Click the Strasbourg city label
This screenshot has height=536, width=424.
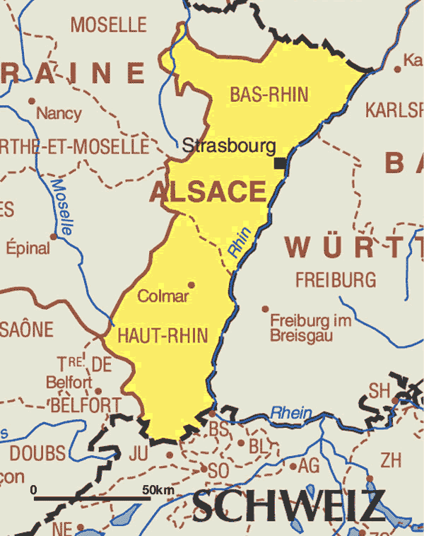[228, 146]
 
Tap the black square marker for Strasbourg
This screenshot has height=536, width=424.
[281, 164]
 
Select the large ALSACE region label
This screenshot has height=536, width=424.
[208, 192]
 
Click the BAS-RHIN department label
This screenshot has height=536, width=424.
[269, 95]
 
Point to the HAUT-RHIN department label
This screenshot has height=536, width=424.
[163, 335]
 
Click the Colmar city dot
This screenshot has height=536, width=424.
[191, 285]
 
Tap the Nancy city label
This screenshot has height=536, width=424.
[59, 113]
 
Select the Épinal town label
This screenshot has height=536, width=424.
[28, 248]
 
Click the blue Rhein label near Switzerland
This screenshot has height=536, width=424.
[291, 412]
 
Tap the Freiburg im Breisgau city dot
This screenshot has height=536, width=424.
[265, 309]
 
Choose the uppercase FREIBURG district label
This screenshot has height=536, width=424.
[336, 280]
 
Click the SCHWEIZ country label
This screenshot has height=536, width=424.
[289, 506]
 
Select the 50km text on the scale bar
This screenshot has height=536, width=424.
[158, 490]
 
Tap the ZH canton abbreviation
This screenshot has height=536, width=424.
[390, 461]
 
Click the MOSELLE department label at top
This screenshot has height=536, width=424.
[108, 25]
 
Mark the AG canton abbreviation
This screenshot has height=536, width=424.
[309, 465]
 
